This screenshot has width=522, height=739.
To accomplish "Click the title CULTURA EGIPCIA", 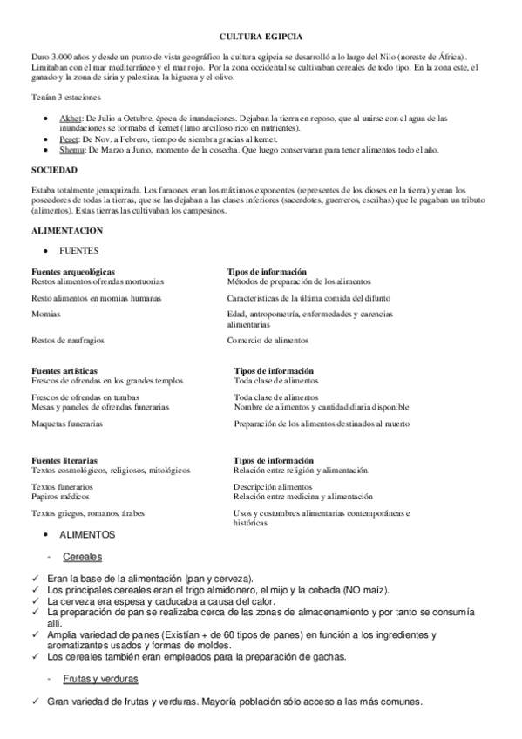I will pos(261,37).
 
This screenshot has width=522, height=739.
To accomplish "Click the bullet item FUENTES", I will pos(78,249).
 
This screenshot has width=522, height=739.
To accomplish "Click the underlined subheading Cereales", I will pos(84,556).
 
